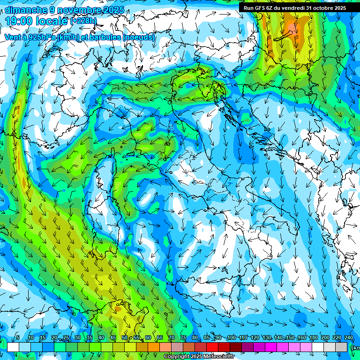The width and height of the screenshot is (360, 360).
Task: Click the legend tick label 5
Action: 18,338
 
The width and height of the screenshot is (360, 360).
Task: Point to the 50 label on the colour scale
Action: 124,338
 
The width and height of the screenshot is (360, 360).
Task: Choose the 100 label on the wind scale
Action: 231,338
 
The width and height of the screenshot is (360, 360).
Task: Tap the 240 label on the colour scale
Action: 349,338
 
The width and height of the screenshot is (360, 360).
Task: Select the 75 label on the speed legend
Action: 183,338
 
